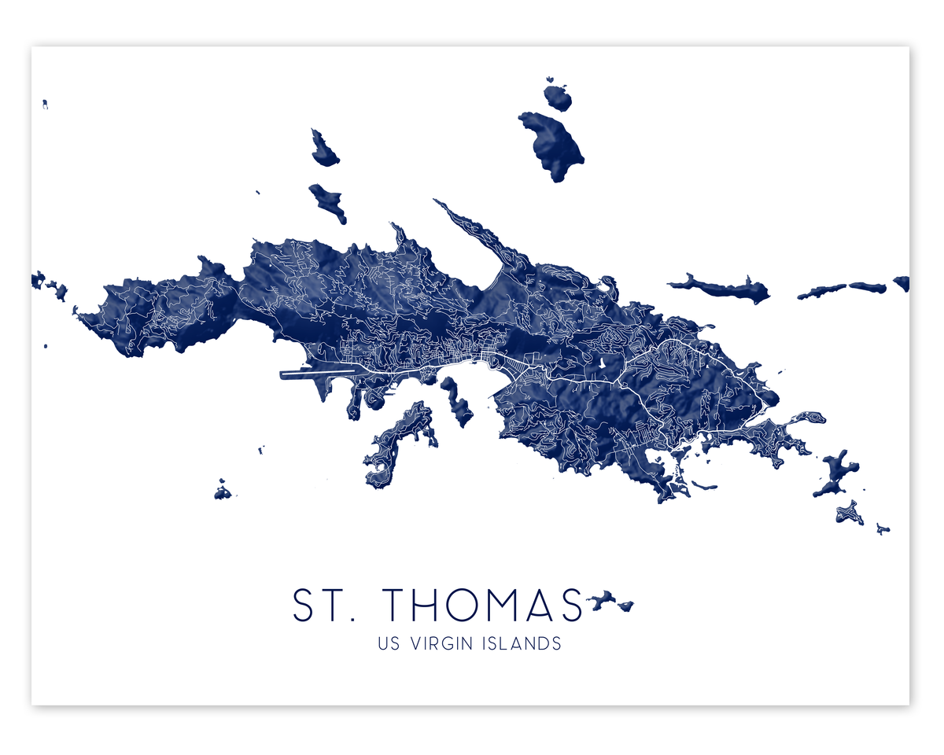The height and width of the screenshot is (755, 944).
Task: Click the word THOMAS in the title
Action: click(484, 605)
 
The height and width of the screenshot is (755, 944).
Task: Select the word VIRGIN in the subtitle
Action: click(441, 643)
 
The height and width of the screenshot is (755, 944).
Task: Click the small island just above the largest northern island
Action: click(558, 98)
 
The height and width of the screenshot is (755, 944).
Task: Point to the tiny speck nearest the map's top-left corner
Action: click(46, 103)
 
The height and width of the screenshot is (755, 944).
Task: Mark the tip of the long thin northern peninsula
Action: click(437, 203)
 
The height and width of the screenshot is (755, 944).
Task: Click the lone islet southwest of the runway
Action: click(223, 492)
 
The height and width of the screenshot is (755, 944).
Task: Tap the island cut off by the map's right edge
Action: click(902, 282)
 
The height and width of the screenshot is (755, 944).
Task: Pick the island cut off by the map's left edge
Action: click(37, 279)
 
